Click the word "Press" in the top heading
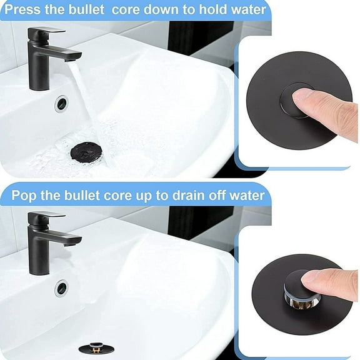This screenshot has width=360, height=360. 25,10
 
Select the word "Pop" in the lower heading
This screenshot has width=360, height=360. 24,195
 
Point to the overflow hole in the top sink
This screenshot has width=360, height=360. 61,103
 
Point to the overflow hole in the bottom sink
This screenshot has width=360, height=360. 61,288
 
